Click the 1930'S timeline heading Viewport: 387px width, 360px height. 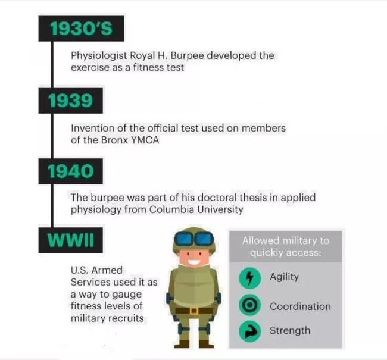click(81, 29)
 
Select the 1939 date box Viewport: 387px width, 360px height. click(71, 101)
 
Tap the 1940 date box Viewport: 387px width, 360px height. click(71, 171)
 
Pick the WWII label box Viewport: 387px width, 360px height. click(71, 240)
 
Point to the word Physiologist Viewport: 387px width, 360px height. click(99, 56)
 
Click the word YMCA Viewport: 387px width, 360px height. click(145, 140)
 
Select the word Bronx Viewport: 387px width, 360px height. click(114, 140)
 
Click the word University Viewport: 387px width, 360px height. click(220, 210)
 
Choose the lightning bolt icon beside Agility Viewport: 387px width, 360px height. click(250, 278)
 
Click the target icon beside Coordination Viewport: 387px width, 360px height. click(250, 305)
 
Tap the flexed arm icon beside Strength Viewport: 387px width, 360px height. click(250, 331)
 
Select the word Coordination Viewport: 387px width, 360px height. click(300, 306)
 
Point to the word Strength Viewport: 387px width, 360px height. click(290, 331)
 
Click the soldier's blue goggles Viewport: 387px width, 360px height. click(194, 239)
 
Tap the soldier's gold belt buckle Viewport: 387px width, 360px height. click(193, 311)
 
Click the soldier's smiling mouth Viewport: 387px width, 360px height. click(193, 262)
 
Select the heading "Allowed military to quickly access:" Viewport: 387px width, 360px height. click(286, 246)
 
